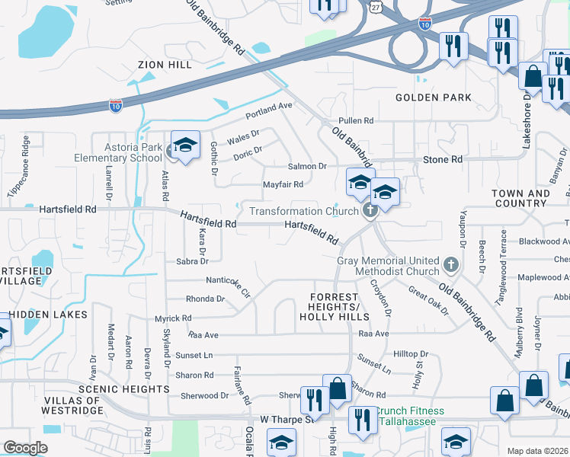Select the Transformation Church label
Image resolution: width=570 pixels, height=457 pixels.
[x=303, y=211]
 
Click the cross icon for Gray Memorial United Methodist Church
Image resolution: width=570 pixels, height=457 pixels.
[x=451, y=265]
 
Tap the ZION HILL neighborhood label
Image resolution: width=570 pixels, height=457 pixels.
[x=164, y=66]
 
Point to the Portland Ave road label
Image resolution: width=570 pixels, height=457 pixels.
[x=269, y=111]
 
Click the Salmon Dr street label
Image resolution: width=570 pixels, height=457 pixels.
[x=306, y=166]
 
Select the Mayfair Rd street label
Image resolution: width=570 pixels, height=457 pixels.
[x=283, y=184]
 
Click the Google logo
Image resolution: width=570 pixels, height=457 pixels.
[x=26, y=448]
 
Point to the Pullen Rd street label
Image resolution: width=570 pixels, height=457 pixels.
[x=356, y=121]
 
